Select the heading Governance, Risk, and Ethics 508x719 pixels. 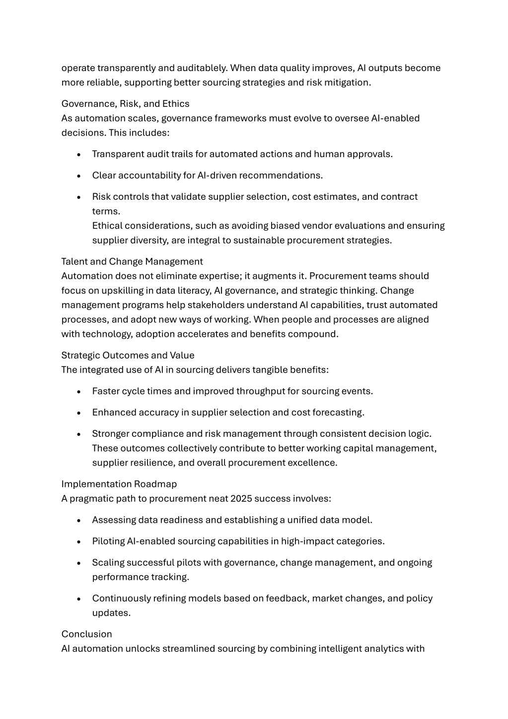[125, 104]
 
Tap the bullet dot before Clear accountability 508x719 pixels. [79, 176]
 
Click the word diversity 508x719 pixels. [150, 240]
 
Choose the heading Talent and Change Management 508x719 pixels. [132, 262]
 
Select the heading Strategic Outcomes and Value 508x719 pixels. [128, 355]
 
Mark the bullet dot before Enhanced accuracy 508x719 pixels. [79, 413]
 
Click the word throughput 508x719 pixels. [261, 392]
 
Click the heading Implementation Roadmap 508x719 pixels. [119, 484]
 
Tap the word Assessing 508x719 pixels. [114, 520]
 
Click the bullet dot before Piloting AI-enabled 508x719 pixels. [79, 542]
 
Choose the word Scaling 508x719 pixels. [108, 563]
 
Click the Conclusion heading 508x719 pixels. [87, 635]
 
